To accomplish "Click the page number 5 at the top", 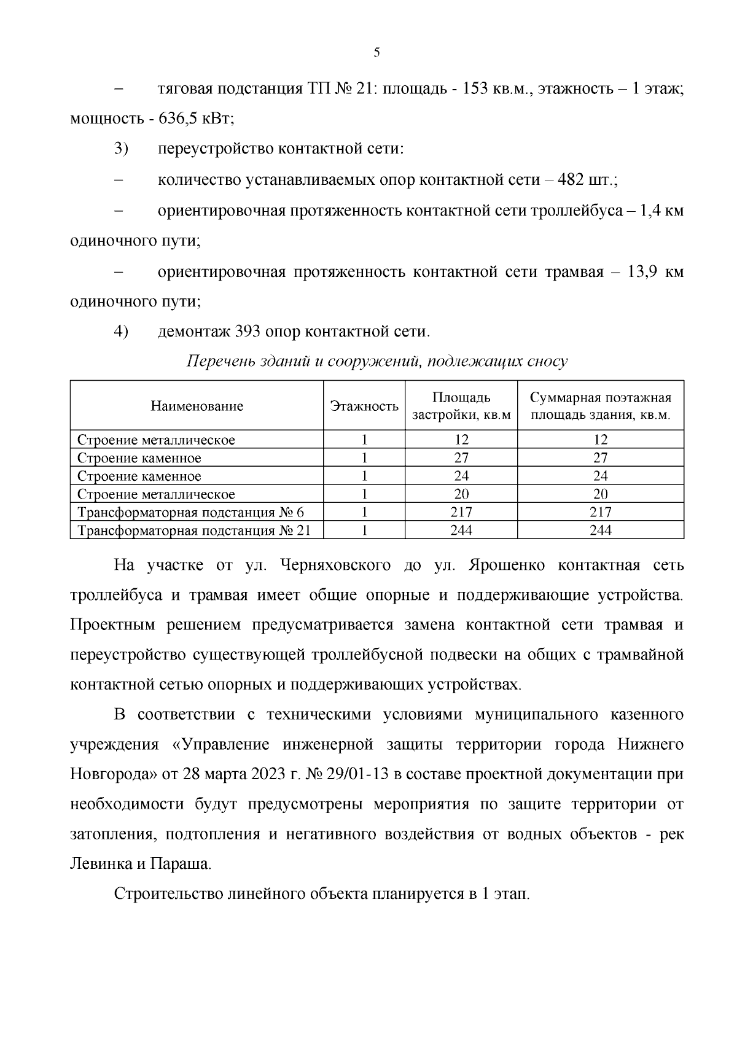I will click(x=376, y=53).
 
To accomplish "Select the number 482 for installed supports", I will click(x=572, y=180).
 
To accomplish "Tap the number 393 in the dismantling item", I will click(x=248, y=332).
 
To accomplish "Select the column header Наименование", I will click(x=197, y=406).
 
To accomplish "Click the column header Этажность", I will click(x=364, y=406).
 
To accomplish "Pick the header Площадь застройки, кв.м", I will click(x=461, y=406).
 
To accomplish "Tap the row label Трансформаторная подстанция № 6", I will click(x=190, y=512).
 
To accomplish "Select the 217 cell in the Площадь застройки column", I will click(x=461, y=512).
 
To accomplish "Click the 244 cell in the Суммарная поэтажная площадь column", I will click(x=600, y=531).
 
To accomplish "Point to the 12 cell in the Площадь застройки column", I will click(x=461, y=440).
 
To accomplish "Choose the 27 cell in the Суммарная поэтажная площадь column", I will click(x=600, y=458).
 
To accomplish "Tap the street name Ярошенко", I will click(x=506, y=565).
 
